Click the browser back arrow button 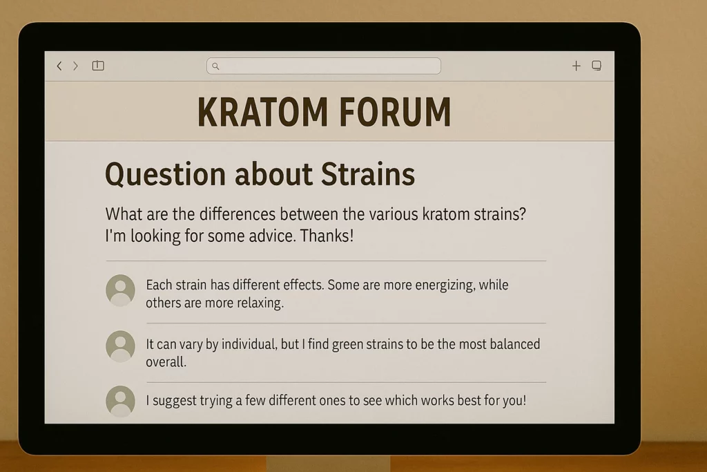point(59,66)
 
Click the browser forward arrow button point(76,66)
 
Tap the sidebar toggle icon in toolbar point(98,66)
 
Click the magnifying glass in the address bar point(215,66)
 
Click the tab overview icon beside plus point(597,66)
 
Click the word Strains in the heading point(367,174)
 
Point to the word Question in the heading point(166,174)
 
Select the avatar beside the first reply point(120,290)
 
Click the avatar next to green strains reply point(120,346)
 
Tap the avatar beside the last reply point(120,401)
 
